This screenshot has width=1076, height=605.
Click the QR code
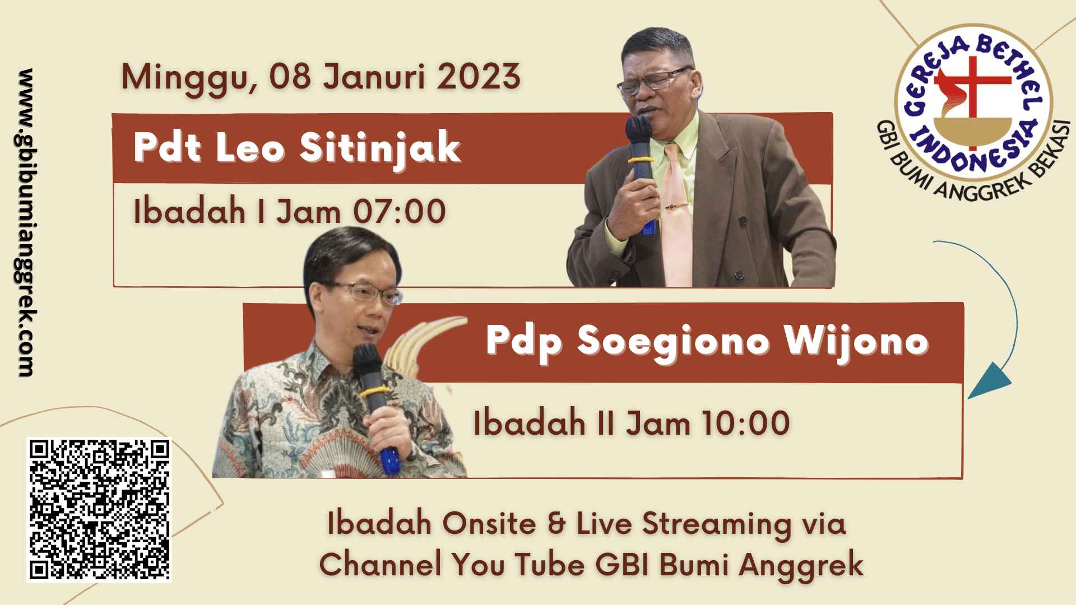pyautogui.click(x=99, y=510)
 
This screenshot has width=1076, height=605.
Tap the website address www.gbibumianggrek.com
pyautogui.click(x=26, y=222)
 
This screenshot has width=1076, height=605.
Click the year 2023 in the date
pyautogui.click(x=479, y=77)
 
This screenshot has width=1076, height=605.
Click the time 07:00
pyautogui.click(x=400, y=212)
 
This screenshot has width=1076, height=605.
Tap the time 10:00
pyautogui.click(x=745, y=423)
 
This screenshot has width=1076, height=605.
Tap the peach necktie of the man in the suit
pyautogui.click(x=676, y=216)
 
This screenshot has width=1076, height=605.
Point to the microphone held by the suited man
pyautogui.click(x=641, y=168)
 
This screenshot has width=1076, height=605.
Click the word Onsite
pyautogui.click(x=489, y=524)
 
